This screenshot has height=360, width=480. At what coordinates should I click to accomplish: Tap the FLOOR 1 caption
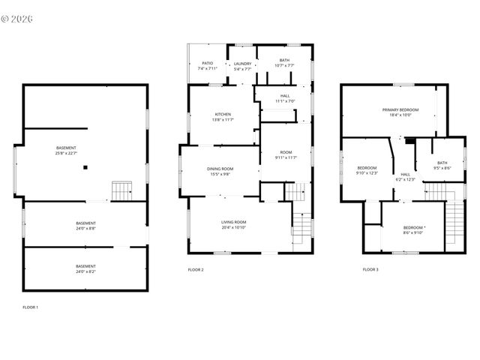point(30,307)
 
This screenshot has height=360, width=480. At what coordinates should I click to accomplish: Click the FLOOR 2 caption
point(196,269)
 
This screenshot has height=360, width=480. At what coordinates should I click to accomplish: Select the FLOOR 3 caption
point(370,269)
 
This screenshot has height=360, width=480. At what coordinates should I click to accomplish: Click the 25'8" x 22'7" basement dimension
point(66,154)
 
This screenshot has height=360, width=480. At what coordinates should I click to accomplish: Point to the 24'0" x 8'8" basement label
point(85,226)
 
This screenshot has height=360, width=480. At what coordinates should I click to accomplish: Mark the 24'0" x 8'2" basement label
point(85,268)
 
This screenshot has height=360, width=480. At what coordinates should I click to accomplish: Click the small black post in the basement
point(85,168)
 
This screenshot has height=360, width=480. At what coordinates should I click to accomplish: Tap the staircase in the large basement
point(121,190)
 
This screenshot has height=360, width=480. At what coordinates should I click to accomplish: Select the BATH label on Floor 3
point(442,165)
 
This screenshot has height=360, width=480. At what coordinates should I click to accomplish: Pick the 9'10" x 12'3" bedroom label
point(367,170)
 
